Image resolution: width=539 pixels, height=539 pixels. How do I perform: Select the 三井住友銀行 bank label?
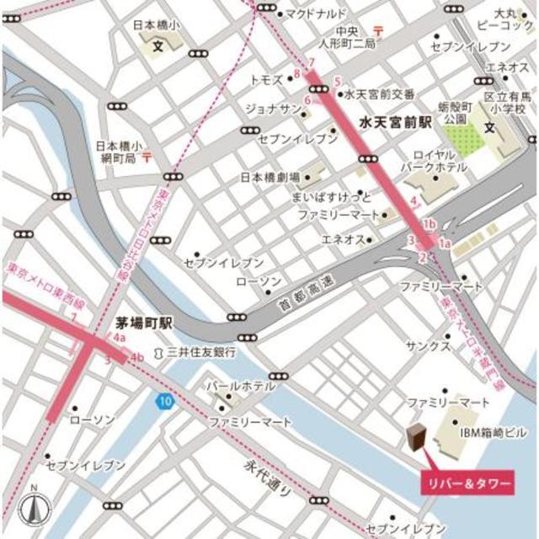(200, 351)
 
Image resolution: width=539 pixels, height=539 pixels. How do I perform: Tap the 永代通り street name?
(264, 478)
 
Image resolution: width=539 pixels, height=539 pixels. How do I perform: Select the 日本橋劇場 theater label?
(270, 178)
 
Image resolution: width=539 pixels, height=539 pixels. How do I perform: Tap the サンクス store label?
(427, 345)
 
